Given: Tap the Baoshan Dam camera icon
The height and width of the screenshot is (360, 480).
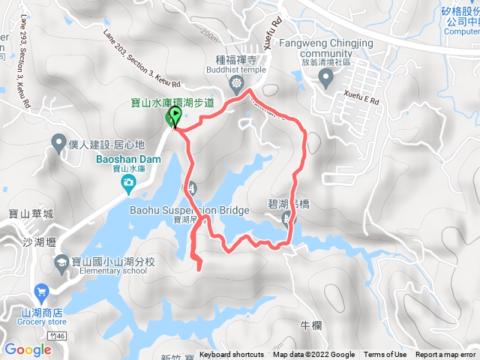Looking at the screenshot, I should tap(129, 182).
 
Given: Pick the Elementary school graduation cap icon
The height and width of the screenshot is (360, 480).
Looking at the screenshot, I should tap(60, 262).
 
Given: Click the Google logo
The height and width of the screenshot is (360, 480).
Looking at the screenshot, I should tap(28, 349).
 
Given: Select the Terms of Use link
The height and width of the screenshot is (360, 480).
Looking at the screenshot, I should tap(385, 355).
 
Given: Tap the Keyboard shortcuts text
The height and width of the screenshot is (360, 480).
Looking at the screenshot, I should tap(232, 355).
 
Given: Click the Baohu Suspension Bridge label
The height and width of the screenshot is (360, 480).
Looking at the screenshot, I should tap(189, 211).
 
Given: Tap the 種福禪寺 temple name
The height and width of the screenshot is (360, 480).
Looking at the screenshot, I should tap(236, 62).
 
